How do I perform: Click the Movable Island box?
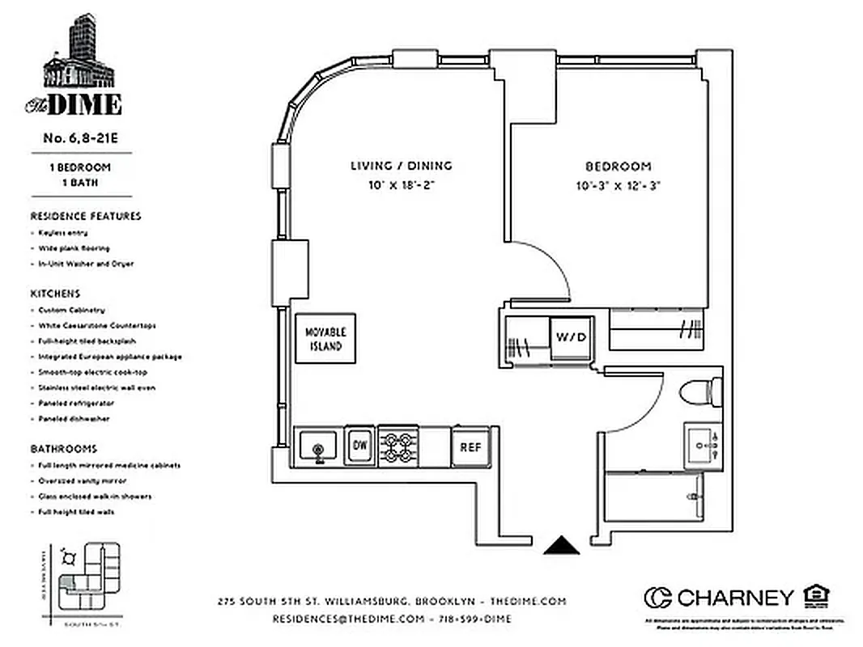[x=325, y=338]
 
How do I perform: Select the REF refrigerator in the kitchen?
[x=470, y=446]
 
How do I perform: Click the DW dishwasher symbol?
[x=359, y=445]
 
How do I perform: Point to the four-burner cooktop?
[x=397, y=446]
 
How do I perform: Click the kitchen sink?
[x=317, y=446]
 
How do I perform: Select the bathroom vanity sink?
[x=702, y=446]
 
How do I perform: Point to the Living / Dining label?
[x=401, y=166]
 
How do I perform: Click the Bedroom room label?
[x=619, y=167]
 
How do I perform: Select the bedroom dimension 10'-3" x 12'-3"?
[x=619, y=185]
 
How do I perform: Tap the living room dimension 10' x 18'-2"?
[x=401, y=185]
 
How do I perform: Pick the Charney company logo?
[x=719, y=598]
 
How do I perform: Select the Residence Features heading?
[x=86, y=216]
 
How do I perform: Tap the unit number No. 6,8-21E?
[x=81, y=138]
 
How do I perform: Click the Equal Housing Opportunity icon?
[x=815, y=597]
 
